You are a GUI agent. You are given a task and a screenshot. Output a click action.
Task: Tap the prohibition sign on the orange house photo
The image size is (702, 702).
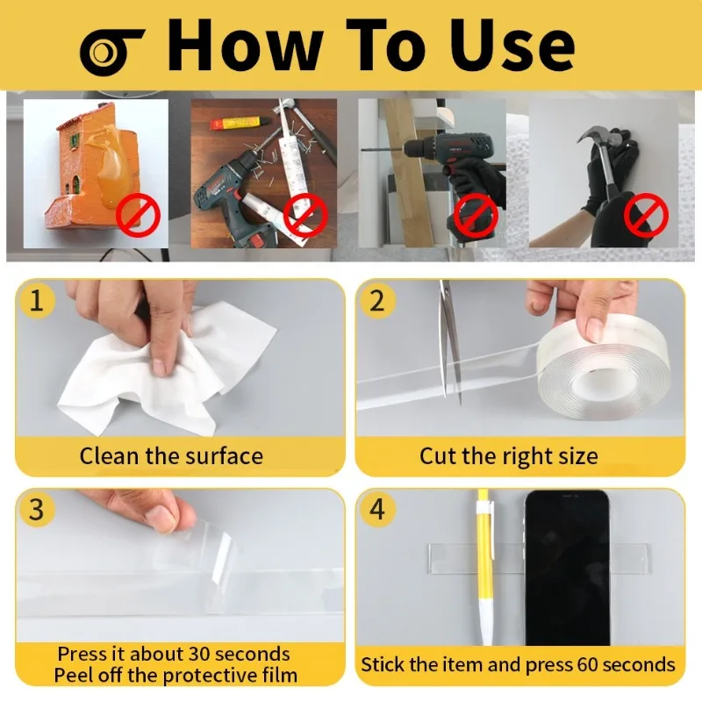[139, 216]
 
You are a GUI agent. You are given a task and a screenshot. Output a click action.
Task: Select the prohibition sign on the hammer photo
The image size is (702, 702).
[646, 216]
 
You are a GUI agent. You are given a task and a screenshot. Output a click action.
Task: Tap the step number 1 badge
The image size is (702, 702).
[37, 300]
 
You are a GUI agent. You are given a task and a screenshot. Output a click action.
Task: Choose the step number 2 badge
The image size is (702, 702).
[377, 300]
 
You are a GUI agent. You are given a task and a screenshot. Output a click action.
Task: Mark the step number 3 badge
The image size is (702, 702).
[37, 509]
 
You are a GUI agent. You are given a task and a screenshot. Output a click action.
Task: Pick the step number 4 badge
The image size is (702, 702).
[377, 509]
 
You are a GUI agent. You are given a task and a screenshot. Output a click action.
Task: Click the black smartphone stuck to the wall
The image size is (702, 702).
[568, 568]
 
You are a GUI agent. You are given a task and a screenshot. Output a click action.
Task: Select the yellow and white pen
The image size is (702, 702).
[485, 568]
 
